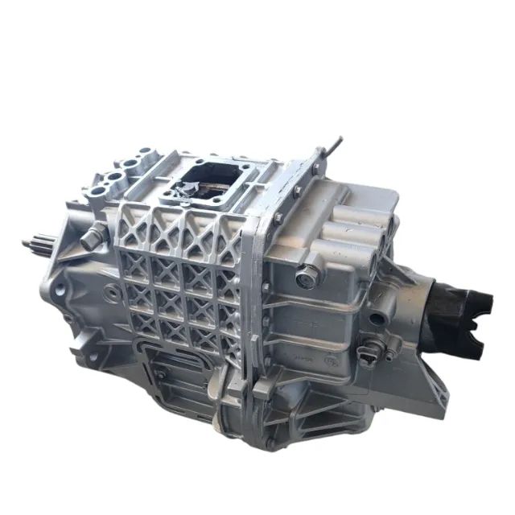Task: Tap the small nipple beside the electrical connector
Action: point(389,355)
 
